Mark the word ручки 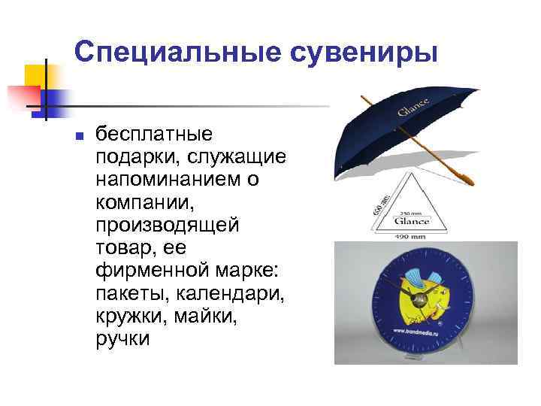click(x=123, y=339)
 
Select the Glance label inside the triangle click(x=414, y=221)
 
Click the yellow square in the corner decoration click(x=36, y=75)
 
